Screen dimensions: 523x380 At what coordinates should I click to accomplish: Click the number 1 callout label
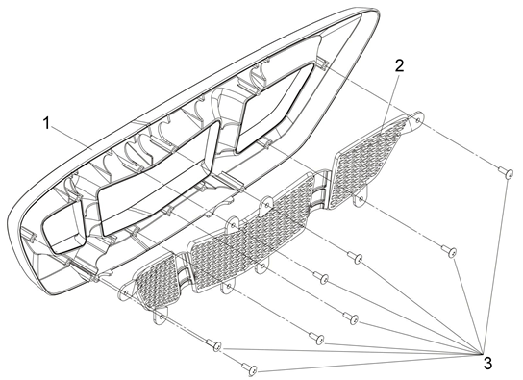point(47,123)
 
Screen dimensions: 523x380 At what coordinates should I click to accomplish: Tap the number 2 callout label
point(399,65)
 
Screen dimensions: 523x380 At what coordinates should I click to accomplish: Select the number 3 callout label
point(487,363)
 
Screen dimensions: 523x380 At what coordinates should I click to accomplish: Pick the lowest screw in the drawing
point(250,367)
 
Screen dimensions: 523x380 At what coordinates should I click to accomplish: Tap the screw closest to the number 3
point(449,252)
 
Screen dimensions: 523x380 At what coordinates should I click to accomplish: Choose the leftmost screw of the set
point(214,344)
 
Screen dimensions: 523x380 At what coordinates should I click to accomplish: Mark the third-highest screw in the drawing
point(355,257)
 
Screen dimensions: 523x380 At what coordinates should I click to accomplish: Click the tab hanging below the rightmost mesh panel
point(361,198)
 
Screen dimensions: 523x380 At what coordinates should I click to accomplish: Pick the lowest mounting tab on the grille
point(161,317)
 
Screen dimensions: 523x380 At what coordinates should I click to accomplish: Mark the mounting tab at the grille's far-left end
point(126,291)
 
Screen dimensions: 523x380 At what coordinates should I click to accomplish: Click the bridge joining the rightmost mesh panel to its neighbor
point(322,187)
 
